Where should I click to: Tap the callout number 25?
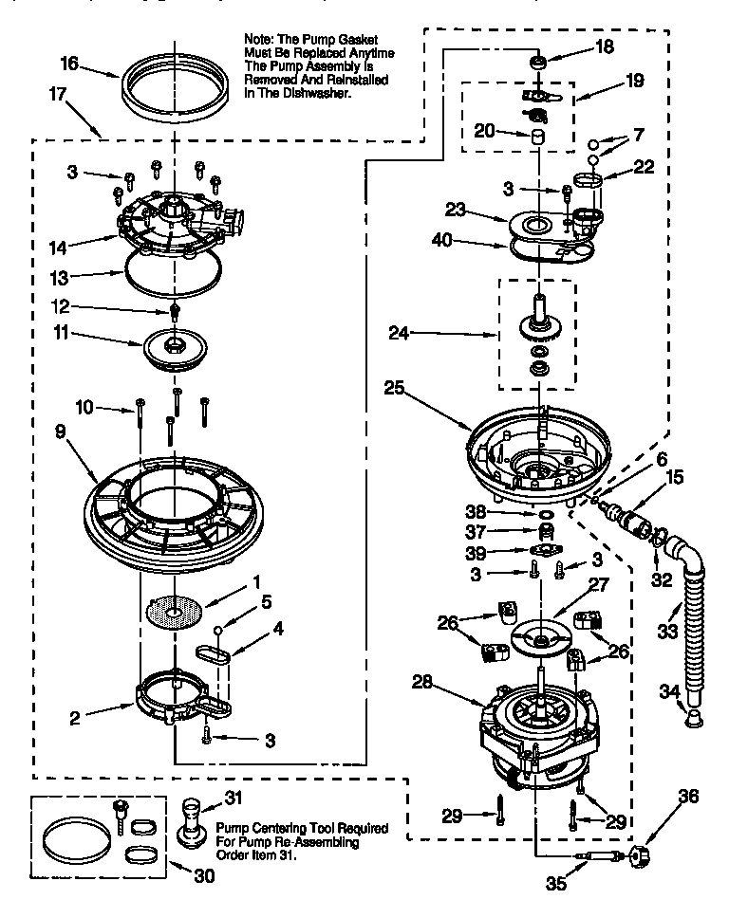(x=397, y=387)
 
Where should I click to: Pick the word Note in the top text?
(x=260, y=38)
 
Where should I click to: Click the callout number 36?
(x=689, y=797)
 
